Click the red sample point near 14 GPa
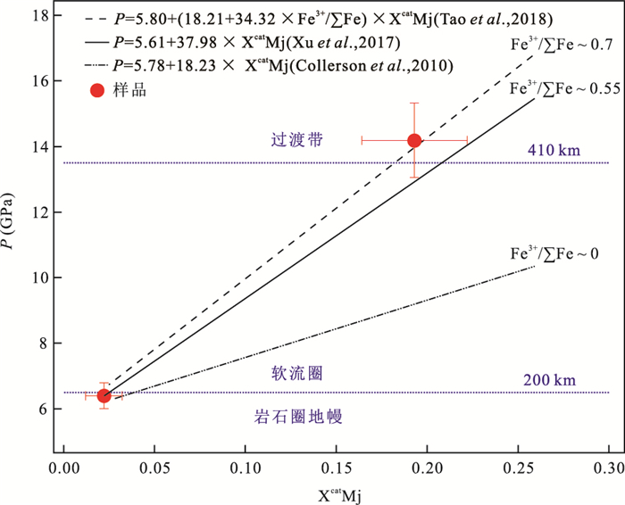pos(414,140)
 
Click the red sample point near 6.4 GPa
pos(104,395)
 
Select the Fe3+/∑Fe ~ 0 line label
pos(553,254)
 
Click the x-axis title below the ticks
pos(336,491)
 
